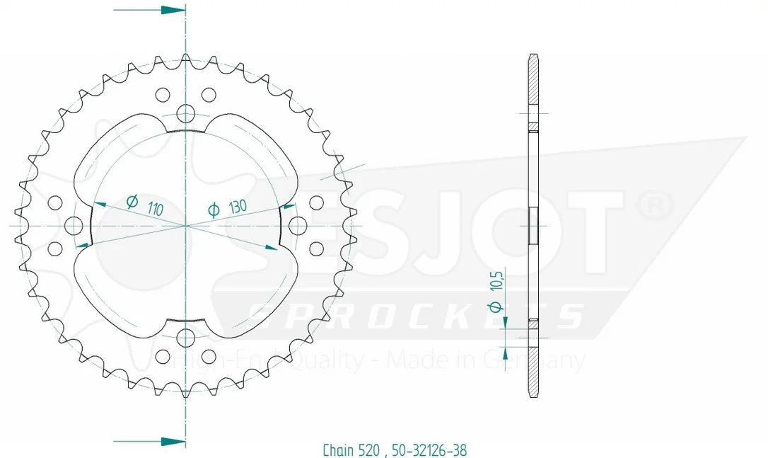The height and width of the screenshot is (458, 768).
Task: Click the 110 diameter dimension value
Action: pyautogui.click(x=155, y=209)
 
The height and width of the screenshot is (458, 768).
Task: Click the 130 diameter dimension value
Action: pyautogui.click(x=238, y=206)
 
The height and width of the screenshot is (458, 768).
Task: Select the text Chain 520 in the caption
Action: pyautogui.click(x=351, y=450)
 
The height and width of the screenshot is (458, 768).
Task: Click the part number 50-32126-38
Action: pyautogui.click(x=429, y=450)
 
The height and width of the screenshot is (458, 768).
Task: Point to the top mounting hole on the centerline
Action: pyautogui.click(x=185, y=113)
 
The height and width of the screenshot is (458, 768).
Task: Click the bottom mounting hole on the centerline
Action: pyautogui.click(x=185, y=338)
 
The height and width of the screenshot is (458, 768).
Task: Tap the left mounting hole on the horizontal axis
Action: pyautogui.click(x=74, y=226)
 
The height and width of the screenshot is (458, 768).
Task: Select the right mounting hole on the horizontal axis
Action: pyautogui.click(x=298, y=226)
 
